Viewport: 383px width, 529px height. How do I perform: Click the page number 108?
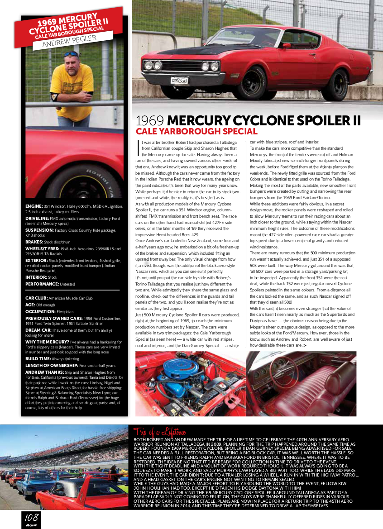31,517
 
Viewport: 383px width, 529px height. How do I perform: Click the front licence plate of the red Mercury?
179,80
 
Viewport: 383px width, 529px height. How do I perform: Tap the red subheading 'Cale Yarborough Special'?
196,132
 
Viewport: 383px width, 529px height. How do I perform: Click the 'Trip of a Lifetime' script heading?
159,432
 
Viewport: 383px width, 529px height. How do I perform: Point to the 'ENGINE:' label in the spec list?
34,206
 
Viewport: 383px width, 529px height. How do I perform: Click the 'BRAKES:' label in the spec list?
34,242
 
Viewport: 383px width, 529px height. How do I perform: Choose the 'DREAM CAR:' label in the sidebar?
38,330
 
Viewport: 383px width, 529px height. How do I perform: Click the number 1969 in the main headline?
150,120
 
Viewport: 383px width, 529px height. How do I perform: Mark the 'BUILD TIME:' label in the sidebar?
38,358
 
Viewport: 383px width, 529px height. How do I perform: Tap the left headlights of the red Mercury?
153,65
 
